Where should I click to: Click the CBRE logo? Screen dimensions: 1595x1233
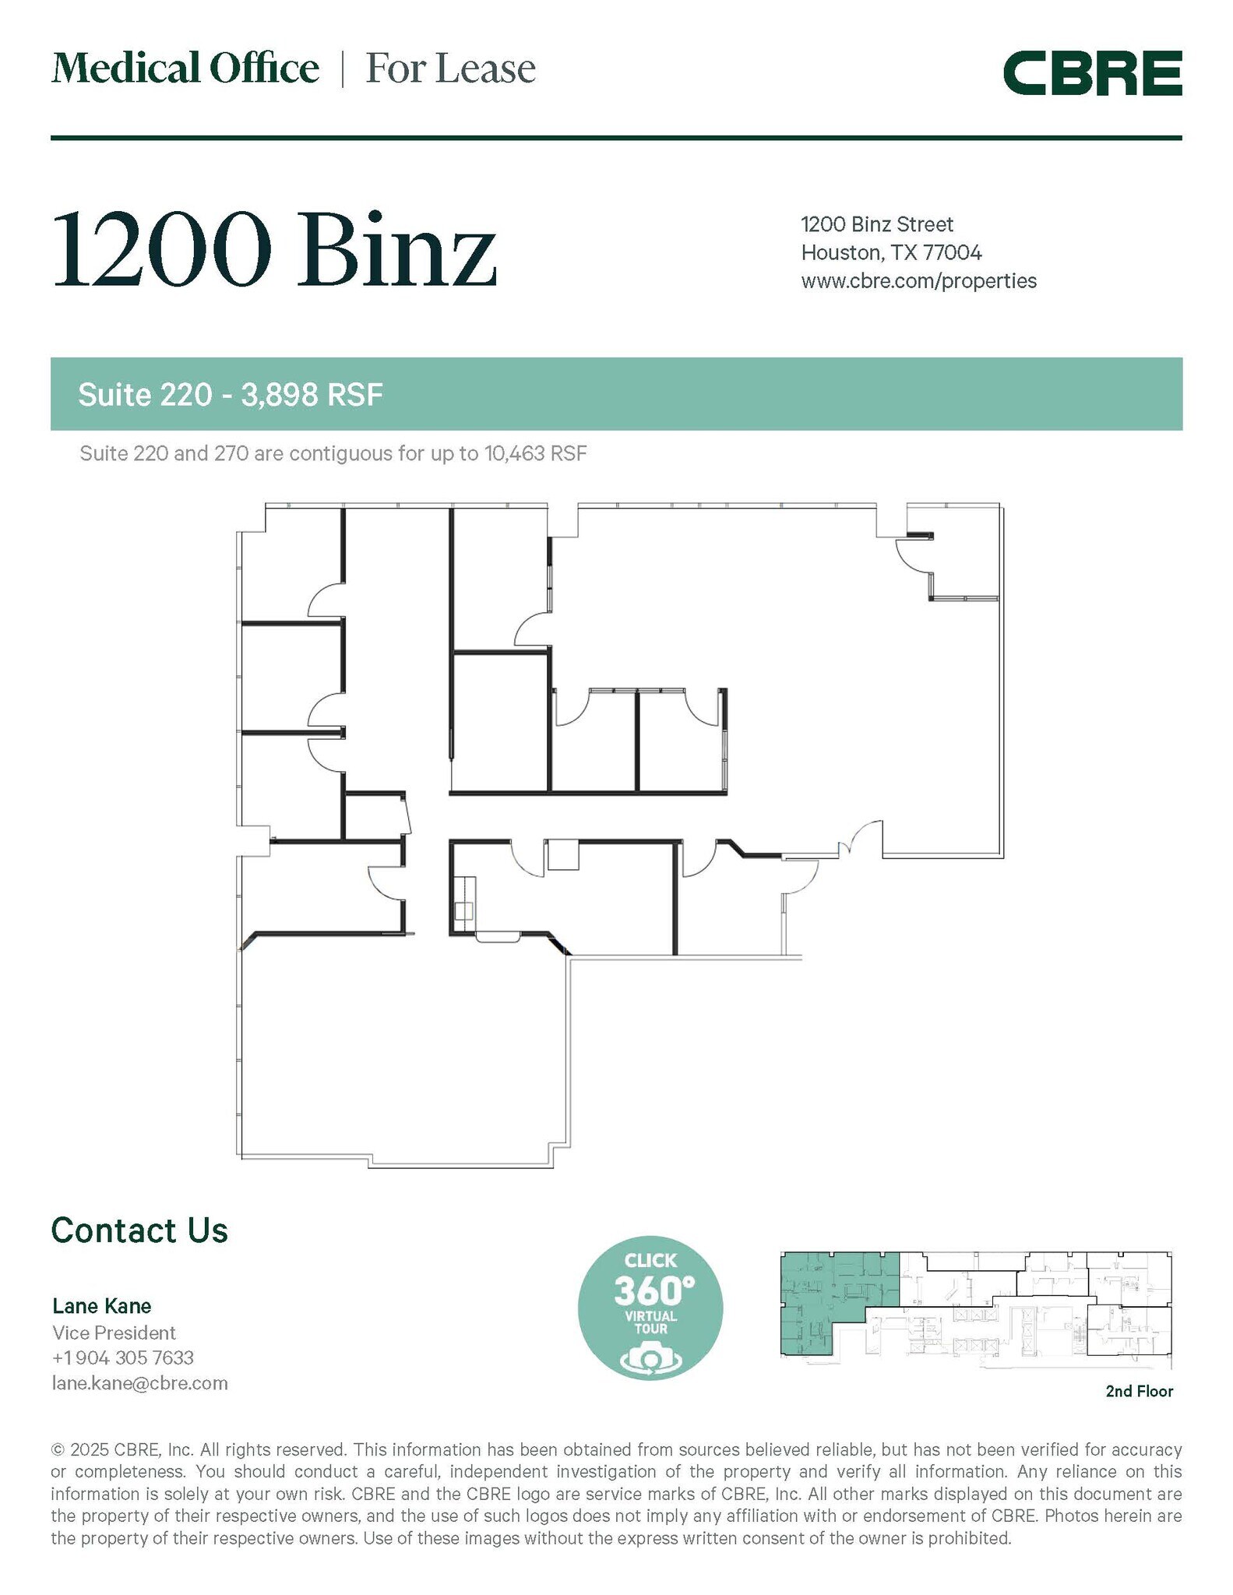(x=1092, y=73)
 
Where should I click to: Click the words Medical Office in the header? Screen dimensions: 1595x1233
(x=185, y=69)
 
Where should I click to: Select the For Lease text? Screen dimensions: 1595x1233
(x=450, y=69)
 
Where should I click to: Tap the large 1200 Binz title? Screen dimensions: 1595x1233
(x=274, y=250)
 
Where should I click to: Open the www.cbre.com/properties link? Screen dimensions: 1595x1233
(x=918, y=280)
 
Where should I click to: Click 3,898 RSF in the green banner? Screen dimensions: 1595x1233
(x=312, y=395)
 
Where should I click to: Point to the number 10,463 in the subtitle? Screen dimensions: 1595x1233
(x=515, y=453)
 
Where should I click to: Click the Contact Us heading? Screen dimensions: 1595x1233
(x=139, y=1230)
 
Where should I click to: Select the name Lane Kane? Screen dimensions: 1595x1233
(x=102, y=1305)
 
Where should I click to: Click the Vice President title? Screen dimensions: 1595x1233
(x=114, y=1333)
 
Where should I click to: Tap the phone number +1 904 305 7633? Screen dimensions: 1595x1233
(x=123, y=1357)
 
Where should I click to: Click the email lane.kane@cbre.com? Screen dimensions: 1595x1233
(x=140, y=1383)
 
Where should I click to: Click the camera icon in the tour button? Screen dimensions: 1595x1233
(x=650, y=1358)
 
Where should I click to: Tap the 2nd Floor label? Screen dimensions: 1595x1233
(x=1139, y=1391)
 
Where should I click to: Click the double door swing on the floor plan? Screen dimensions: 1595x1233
(x=860, y=840)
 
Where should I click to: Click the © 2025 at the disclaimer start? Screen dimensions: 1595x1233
(x=80, y=1449)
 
